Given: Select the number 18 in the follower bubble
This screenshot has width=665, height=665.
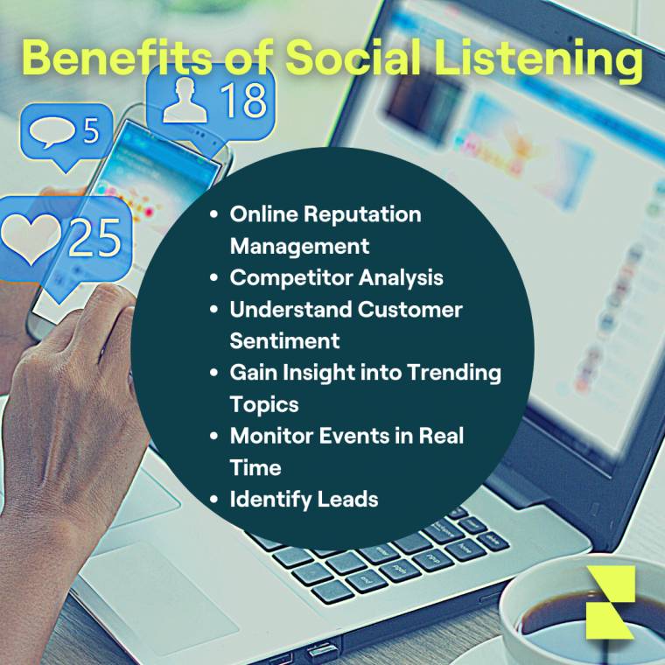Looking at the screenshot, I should click(x=242, y=101).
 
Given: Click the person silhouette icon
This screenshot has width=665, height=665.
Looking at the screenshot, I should click(x=185, y=101).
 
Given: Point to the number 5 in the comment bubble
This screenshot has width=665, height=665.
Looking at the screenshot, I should click(x=90, y=131).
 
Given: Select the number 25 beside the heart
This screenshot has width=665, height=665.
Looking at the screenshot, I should click(x=94, y=236).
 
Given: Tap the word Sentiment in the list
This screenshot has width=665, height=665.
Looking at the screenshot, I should click(x=284, y=340).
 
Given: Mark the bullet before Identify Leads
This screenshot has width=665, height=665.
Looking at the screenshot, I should click(x=213, y=499).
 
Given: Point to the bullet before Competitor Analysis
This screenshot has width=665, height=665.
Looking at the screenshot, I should click(x=213, y=277).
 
